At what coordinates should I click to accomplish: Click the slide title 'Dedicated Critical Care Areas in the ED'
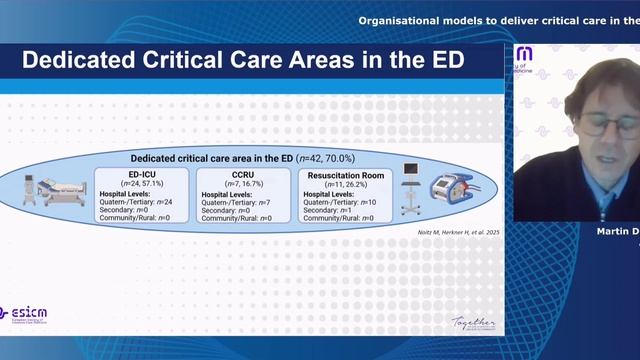[x=243, y=60]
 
